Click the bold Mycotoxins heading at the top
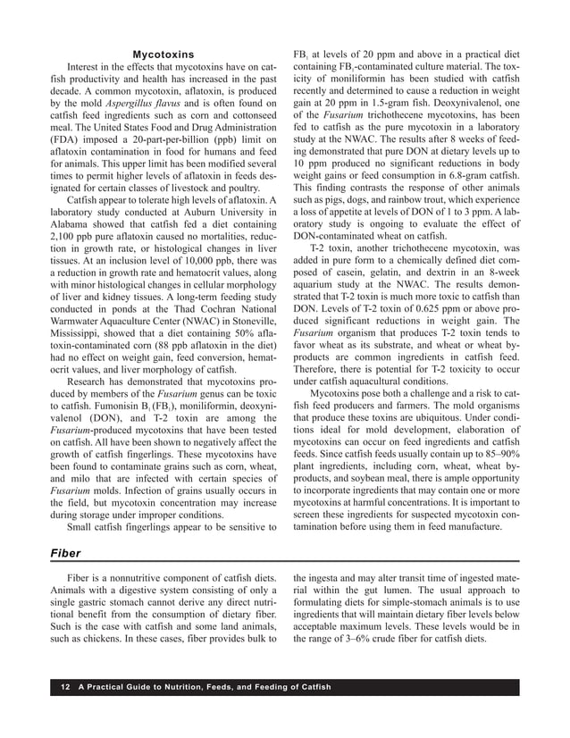click(x=163, y=55)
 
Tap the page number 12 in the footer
click(x=65, y=686)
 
